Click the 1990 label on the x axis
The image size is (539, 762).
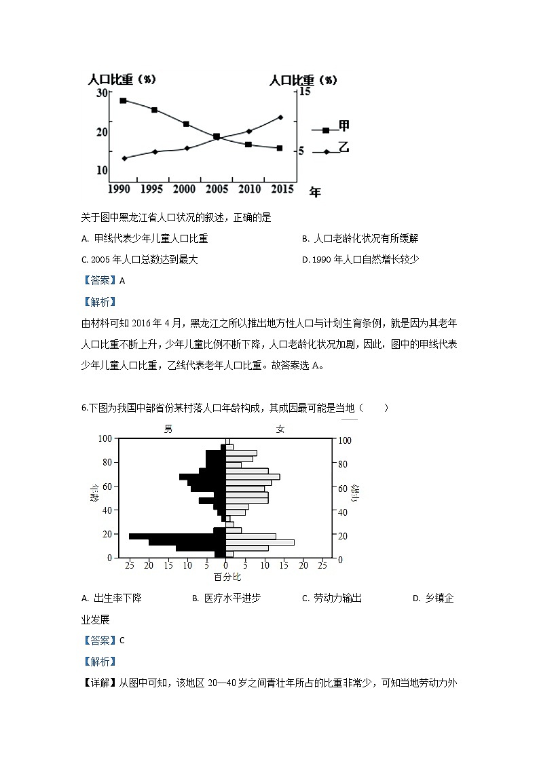119,188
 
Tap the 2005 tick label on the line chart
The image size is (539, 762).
216,188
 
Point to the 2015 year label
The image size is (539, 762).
280,188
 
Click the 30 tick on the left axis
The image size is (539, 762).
103,92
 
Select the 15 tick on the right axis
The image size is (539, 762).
304,91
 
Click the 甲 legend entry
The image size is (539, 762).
343,127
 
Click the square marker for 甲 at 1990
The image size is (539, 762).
123,100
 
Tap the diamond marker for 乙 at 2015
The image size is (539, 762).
280,117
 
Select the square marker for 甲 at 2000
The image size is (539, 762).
186,124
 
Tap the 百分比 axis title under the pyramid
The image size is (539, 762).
227,577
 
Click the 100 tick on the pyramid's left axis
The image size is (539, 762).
106,438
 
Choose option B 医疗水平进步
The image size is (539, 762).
226,598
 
